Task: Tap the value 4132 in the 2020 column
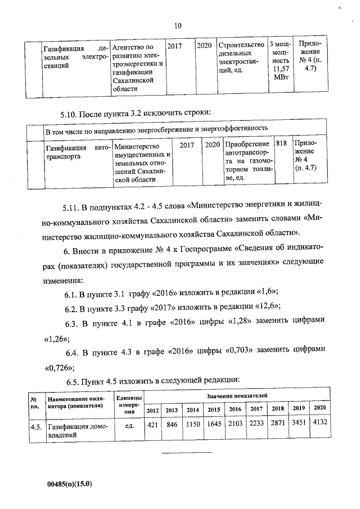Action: tap(320, 422)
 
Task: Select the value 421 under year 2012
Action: tap(152, 425)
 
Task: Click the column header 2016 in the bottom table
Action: tap(235, 409)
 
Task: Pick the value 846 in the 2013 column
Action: tap(172, 425)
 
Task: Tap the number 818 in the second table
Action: tap(282, 144)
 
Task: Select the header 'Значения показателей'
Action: tap(236, 397)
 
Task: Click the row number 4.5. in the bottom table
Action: tap(37, 427)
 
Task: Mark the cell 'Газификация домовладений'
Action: tap(75, 430)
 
